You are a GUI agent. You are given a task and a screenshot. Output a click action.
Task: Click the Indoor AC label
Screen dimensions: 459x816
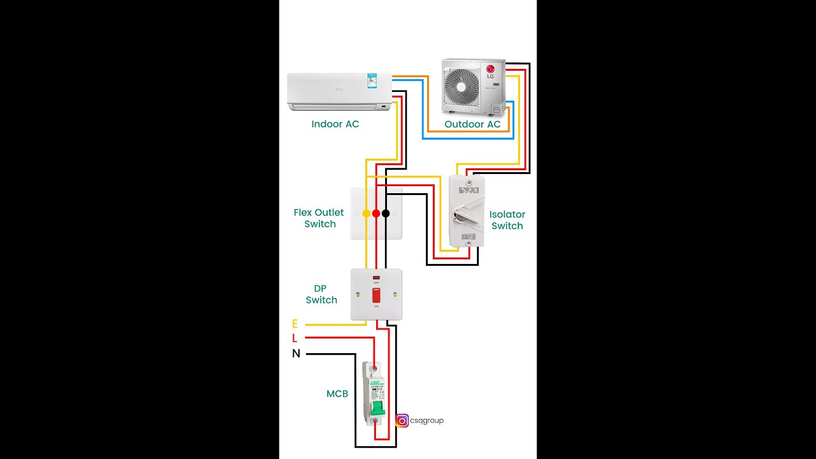pos(335,124)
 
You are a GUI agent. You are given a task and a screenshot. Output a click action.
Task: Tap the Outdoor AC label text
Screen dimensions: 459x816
pos(472,124)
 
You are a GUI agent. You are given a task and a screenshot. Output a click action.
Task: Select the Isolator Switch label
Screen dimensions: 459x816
pos(507,220)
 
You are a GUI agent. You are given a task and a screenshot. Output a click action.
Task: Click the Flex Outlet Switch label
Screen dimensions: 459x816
pos(319,218)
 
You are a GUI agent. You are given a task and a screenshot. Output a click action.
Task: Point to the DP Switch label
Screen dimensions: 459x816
pos(321,294)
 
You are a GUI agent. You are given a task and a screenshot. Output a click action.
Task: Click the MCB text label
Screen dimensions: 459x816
pos(337,394)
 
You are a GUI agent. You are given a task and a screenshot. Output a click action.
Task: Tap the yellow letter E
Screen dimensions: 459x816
pos(295,324)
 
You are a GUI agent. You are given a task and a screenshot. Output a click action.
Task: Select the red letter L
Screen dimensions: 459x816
pos(295,339)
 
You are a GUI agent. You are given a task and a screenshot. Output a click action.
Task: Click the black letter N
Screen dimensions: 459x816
pos(296,354)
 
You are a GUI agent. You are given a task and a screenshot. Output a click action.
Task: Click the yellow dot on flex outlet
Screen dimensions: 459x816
pos(367,214)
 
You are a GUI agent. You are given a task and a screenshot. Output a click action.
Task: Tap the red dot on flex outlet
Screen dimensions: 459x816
pos(376,214)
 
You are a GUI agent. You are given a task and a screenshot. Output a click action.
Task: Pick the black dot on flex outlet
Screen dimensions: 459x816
pos(386,214)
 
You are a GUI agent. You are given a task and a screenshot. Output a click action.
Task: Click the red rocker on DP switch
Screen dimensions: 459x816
pos(376,295)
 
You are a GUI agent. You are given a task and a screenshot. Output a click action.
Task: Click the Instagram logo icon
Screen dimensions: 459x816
pos(402,421)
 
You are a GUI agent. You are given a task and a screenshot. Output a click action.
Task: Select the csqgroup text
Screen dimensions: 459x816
pos(426,421)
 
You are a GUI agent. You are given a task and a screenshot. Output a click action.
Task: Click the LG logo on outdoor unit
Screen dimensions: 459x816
pos(490,69)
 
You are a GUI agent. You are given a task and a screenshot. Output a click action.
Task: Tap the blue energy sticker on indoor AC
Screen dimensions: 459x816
pos(370,81)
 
